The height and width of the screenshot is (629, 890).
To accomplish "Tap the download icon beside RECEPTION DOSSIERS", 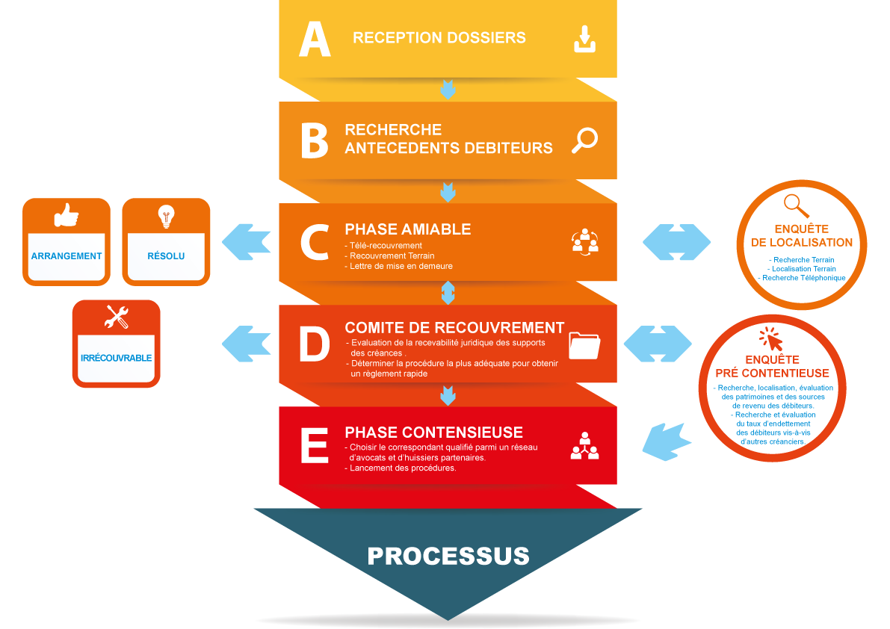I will pos(585,39).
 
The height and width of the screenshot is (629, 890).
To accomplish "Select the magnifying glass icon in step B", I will pos(584,140).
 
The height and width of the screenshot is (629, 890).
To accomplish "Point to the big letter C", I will pos(314,242).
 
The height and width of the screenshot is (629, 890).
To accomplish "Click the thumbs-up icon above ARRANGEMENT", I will pos(67,217).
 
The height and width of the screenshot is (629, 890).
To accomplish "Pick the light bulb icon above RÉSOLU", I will pos(165,217).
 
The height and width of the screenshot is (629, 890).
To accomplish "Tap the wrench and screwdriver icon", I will pos(117,317).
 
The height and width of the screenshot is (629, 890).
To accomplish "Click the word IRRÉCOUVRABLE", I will pos(116,358).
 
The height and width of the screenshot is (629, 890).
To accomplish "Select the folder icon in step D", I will pos(584,344).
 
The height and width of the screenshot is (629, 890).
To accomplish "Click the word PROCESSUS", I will pos(448,556).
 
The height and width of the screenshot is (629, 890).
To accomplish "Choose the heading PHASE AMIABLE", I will pos(408,229).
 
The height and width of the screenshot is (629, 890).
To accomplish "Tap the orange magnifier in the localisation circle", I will pos(797,205).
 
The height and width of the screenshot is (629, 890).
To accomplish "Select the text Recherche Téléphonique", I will pos(802,278).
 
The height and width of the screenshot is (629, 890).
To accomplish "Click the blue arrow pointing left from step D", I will pos(247,343).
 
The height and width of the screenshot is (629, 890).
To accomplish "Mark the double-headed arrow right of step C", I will pos(676,241).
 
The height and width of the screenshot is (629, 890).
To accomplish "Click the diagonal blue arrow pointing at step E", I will pos(667,441).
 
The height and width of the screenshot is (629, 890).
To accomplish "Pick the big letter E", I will pos(314,446).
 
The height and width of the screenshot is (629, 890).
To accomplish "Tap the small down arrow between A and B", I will pos(448,90).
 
